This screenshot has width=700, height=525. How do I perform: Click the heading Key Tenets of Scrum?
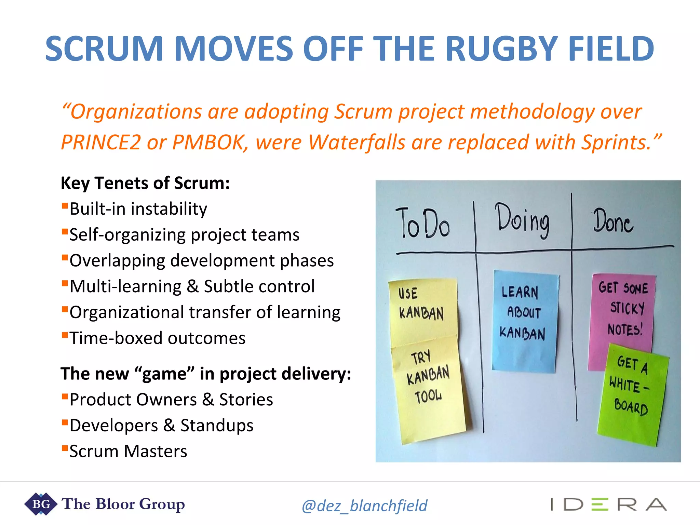[145, 183]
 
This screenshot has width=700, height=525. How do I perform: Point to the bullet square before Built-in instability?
[64, 206]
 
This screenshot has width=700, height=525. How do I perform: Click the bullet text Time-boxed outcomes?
[158, 338]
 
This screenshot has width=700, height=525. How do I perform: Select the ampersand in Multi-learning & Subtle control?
[193, 286]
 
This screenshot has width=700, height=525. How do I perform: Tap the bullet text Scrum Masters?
[129, 452]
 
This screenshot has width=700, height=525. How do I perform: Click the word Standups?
[217, 426]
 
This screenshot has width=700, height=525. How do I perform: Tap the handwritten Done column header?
[613, 221]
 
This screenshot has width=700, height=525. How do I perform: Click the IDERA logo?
[608, 504]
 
